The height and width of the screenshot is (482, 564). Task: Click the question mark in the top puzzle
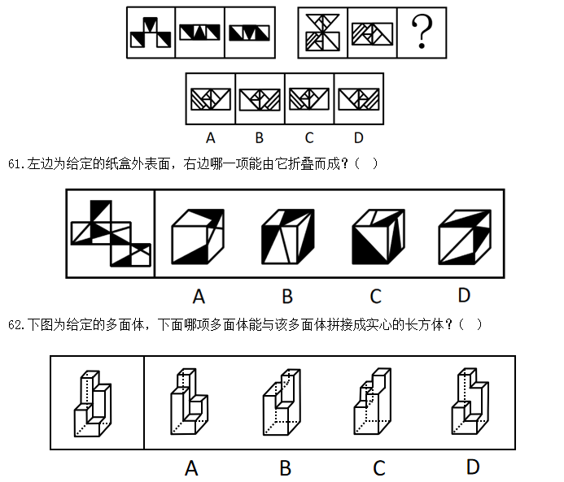(422, 32)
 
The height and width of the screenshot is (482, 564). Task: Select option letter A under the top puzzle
(211, 137)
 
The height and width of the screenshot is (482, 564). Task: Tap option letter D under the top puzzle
(359, 137)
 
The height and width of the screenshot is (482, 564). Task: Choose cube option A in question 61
(198, 237)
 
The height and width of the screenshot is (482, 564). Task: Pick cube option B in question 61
(288, 237)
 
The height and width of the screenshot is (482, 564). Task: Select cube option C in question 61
(378, 237)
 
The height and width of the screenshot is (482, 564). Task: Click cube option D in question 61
(465, 237)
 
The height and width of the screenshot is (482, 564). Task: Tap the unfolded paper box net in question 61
(111, 233)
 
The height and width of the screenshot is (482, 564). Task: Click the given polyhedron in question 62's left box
(93, 403)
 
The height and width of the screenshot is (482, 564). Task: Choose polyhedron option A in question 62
(189, 402)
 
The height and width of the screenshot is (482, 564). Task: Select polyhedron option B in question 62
(282, 402)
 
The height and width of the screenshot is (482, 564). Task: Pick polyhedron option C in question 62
(373, 402)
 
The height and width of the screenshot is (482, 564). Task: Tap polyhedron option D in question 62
(470, 402)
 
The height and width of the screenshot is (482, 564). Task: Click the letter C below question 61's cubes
(376, 297)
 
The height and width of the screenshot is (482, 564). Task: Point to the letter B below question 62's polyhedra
(285, 468)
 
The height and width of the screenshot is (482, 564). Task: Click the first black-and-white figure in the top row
(151, 33)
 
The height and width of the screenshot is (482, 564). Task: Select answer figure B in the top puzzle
(260, 99)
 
